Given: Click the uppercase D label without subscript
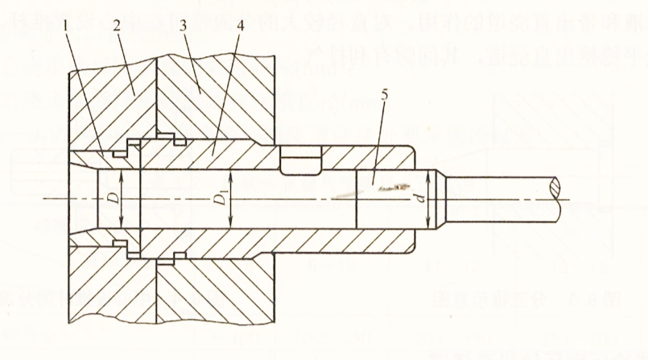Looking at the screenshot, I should [113, 197].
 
